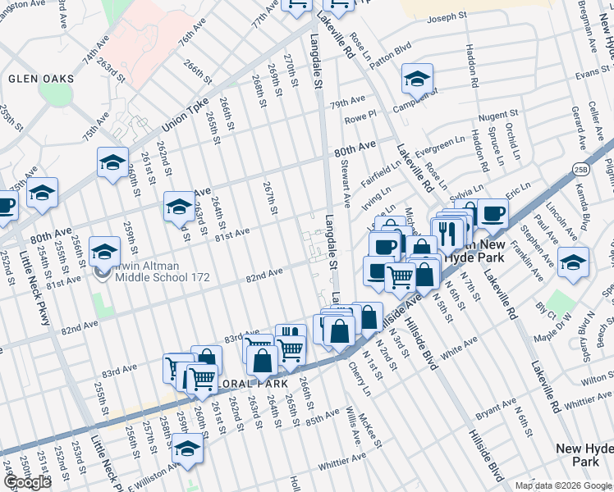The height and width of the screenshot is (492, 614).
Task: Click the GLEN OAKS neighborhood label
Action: (41, 79)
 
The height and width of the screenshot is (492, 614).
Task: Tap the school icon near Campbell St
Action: (417, 80)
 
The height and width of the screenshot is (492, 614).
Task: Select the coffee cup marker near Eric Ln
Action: (492, 213)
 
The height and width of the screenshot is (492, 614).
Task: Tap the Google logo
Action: (27, 482)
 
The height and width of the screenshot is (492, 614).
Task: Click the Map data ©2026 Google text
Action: (562, 485)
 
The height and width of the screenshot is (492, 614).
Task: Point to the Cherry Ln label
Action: (358, 380)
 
